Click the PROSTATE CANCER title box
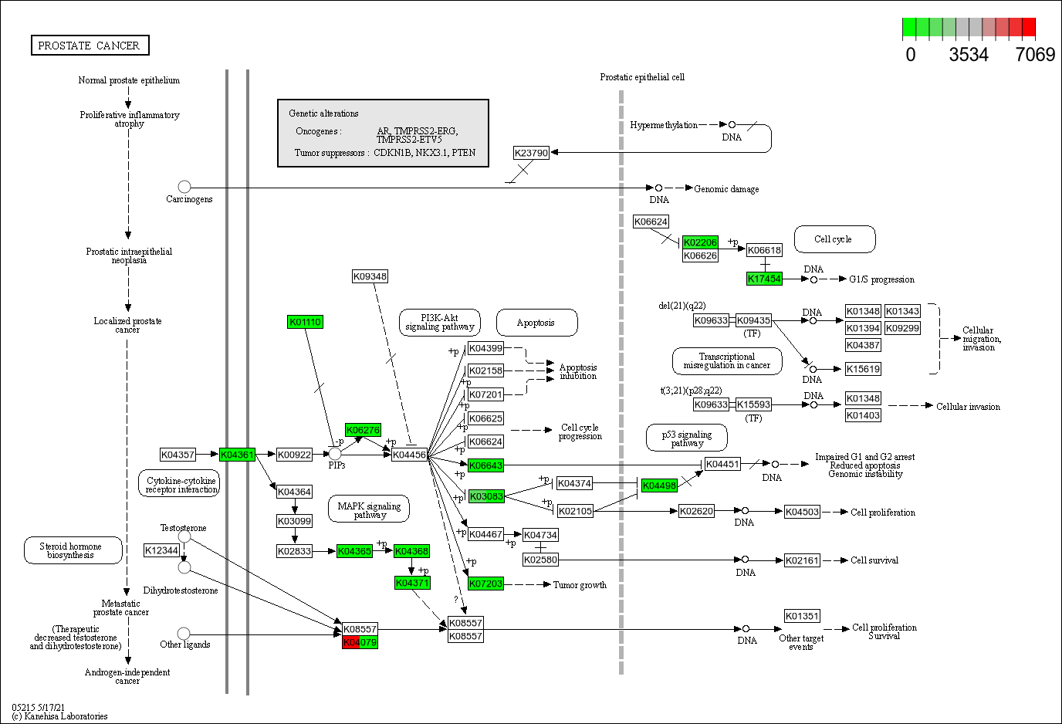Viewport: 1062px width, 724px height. click(x=90, y=46)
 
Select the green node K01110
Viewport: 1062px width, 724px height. click(x=305, y=322)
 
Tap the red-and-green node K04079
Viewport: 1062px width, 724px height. click(x=360, y=642)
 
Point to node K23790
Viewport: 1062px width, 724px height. click(x=531, y=153)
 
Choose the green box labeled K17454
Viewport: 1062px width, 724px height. click(x=764, y=279)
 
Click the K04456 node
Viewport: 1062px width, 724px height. click(x=409, y=455)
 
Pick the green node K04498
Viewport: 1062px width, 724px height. click(x=659, y=485)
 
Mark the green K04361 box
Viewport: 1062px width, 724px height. click(x=237, y=455)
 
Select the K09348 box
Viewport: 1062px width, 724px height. click(x=370, y=276)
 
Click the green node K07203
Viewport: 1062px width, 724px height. click(x=485, y=584)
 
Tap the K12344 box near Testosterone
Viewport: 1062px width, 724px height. click(x=161, y=550)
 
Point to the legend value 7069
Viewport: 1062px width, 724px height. click(x=1035, y=55)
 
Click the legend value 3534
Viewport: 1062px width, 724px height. click(x=969, y=55)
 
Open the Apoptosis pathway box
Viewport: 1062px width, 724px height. click(x=536, y=323)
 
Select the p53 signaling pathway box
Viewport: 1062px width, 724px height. click(x=687, y=438)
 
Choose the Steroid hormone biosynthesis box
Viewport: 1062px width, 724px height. click(x=73, y=550)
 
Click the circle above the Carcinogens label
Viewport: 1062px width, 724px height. click(x=184, y=187)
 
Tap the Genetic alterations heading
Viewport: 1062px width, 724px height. click(x=323, y=113)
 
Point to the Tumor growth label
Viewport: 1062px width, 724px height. click(x=580, y=585)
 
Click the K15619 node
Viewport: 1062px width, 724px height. click(x=863, y=369)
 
